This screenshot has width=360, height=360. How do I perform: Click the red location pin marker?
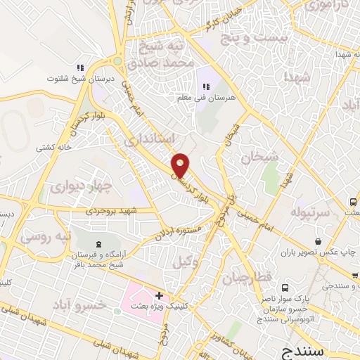coord(181,165)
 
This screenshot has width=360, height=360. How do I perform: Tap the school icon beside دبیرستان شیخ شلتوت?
coord(81,67)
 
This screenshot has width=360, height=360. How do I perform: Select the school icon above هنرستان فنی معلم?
coord(206,86)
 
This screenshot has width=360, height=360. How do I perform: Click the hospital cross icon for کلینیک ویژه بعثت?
coord(160,296)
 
